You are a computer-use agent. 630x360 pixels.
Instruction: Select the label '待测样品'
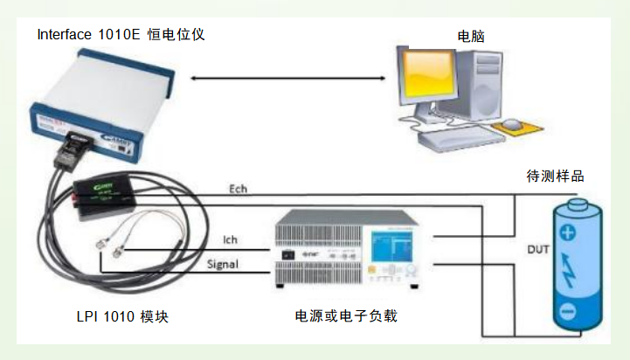pos(555,176)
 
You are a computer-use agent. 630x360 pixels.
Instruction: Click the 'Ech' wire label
pos(238,189)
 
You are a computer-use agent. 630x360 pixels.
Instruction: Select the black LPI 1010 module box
pos(103,193)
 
